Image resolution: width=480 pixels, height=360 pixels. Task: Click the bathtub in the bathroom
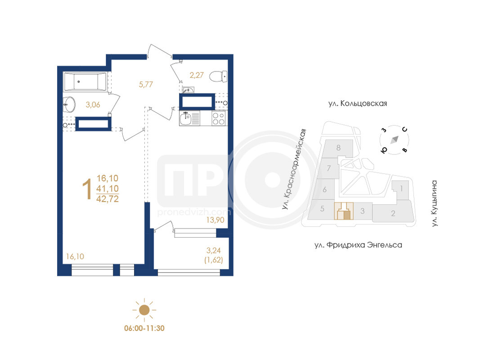click(x=85, y=81)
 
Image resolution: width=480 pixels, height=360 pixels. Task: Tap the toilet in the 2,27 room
click(x=219, y=76)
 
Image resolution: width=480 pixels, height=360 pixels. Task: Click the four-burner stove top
click(x=219, y=118)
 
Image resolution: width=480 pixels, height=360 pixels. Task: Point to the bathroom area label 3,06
click(x=93, y=105)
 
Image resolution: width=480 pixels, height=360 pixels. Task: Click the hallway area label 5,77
click(x=146, y=84)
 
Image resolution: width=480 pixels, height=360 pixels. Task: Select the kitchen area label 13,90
click(x=215, y=220)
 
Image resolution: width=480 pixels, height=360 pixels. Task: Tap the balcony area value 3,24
click(x=213, y=250)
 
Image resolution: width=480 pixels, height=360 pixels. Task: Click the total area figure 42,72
click(x=108, y=199)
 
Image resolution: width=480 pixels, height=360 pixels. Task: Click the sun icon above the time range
click(x=144, y=310)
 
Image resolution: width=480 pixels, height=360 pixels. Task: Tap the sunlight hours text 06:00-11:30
click(x=144, y=328)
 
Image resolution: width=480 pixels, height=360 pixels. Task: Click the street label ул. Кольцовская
click(x=358, y=103)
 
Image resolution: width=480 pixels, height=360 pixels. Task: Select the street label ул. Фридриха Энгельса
click(x=358, y=245)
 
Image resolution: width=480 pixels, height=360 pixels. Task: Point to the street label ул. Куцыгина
click(x=435, y=203)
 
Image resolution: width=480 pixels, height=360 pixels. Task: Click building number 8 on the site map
click(x=338, y=148)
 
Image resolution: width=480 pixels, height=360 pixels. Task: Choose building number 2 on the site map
click(x=393, y=213)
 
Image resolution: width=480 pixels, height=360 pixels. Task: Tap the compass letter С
click(x=405, y=130)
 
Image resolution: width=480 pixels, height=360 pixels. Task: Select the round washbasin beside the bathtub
click(x=69, y=105)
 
